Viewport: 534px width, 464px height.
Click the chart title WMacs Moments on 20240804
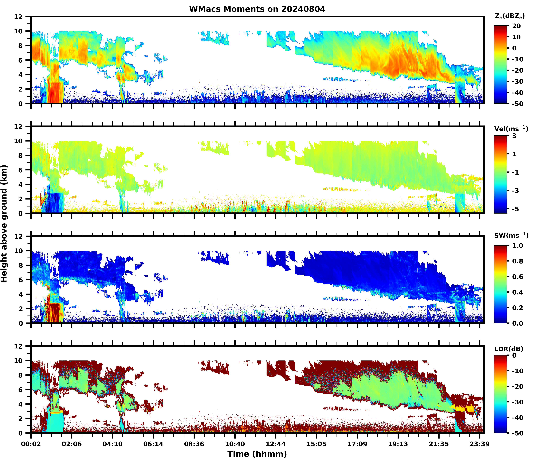257,9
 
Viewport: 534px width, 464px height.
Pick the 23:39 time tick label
480,444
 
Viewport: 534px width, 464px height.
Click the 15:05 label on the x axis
316,444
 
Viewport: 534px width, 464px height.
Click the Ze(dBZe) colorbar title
509,16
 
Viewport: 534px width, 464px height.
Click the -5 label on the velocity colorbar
516,209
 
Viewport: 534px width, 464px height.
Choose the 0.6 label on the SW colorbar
517,277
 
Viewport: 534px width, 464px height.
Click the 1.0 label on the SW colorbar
517,246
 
